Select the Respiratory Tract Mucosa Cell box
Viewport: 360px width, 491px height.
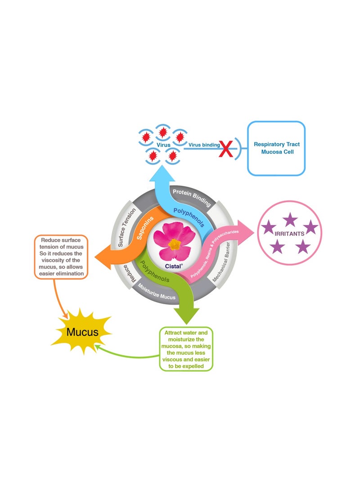coord(276,148)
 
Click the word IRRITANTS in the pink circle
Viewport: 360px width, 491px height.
coord(289,234)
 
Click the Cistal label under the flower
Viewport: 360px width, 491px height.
coord(174,266)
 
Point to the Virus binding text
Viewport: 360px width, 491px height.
coord(204,145)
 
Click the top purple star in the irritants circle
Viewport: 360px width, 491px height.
coord(290,219)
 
